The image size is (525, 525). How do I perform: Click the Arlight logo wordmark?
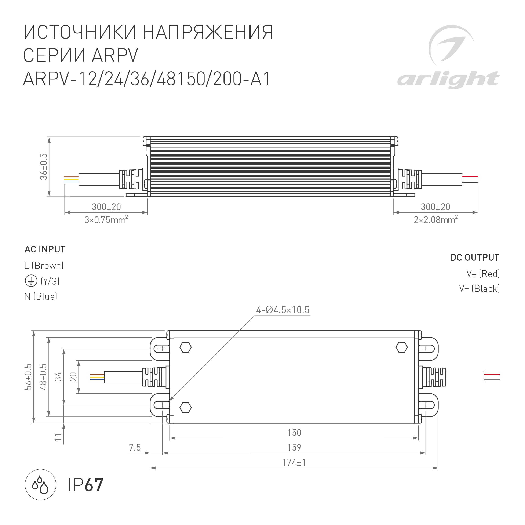tap(448, 79)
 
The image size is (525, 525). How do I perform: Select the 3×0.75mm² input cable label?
tap(106, 220)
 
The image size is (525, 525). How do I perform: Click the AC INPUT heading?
tap(45, 249)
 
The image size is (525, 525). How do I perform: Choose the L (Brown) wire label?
tap(44, 266)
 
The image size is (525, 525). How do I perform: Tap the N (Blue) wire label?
tap(41, 296)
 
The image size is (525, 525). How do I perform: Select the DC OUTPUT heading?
tap(474, 257)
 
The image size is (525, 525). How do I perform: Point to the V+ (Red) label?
tap(483, 274)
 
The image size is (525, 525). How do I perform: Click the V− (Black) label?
tap(479, 289)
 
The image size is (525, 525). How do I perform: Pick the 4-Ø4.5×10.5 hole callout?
tap(283, 310)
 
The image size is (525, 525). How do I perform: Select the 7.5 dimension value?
tap(135, 447)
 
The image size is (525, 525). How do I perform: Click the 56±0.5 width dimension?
tap(28, 377)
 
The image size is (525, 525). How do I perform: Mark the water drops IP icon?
tap(40, 485)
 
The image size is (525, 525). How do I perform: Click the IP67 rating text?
tap(85, 485)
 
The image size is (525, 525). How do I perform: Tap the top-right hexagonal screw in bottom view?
tap(401, 347)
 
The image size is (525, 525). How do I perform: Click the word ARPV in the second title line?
tap(115, 55)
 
